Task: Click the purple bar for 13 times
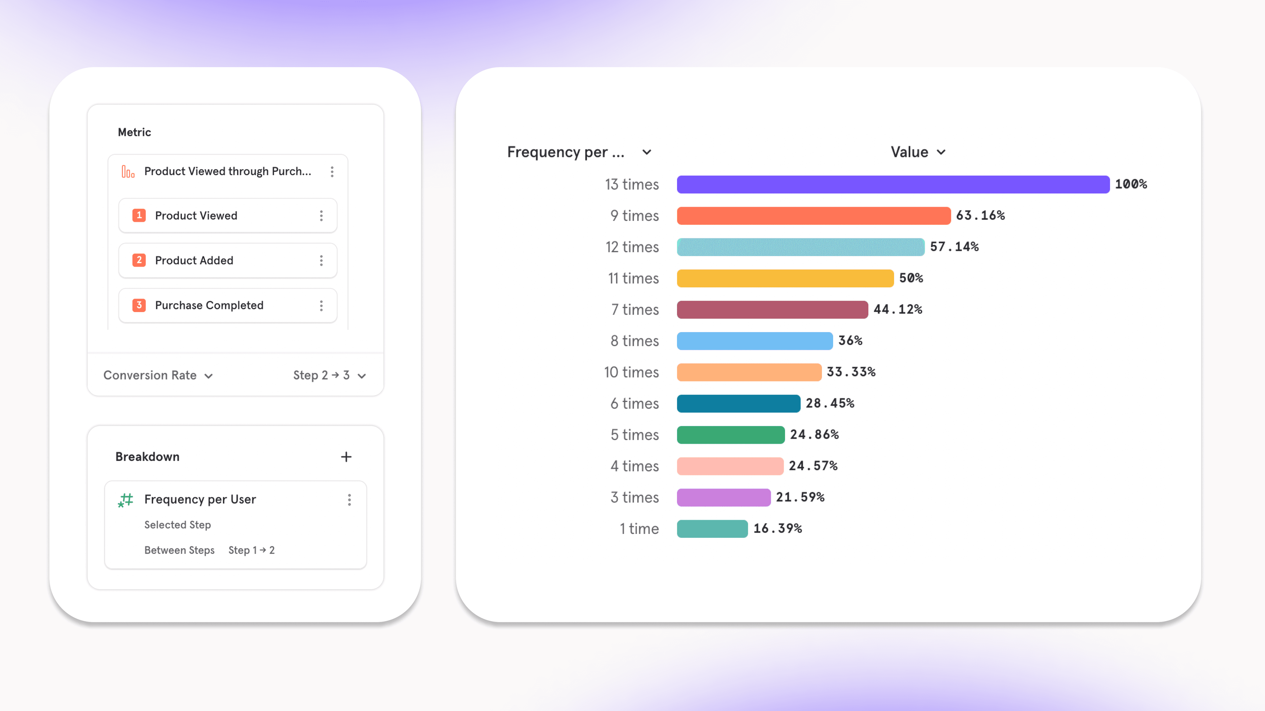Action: (x=893, y=184)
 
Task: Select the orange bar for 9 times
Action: (x=813, y=216)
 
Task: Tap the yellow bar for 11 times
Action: (x=785, y=278)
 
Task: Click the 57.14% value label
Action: (x=954, y=247)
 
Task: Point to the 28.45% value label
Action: (x=829, y=403)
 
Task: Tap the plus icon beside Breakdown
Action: (x=346, y=457)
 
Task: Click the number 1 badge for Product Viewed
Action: (x=139, y=215)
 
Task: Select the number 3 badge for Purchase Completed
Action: (x=139, y=305)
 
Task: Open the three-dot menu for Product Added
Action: (x=321, y=261)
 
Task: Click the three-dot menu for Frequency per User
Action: (x=349, y=500)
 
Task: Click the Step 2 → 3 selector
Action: (x=329, y=375)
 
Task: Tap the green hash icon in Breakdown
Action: (x=126, y=500)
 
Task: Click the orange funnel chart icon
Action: (x=128, y=172)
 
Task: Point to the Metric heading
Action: (x=134, y=132)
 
